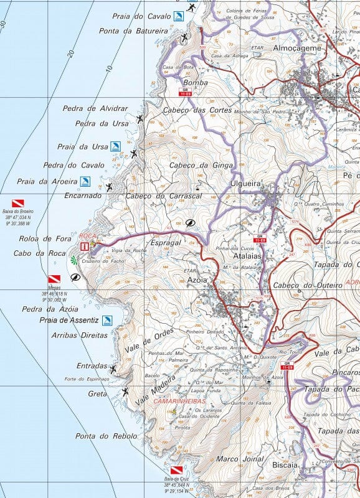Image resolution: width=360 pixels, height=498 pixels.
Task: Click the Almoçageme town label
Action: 298,48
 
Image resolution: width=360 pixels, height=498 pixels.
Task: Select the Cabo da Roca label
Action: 39,253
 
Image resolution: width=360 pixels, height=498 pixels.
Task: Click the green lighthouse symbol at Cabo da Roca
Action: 74,260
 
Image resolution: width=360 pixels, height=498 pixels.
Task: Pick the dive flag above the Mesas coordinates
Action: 54,280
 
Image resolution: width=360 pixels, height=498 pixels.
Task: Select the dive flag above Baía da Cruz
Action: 176,471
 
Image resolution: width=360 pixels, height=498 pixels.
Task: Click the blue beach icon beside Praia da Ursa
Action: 115,147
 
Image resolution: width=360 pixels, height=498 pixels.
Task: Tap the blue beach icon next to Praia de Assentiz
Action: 107,321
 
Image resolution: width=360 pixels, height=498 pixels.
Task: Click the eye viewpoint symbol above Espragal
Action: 191,222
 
